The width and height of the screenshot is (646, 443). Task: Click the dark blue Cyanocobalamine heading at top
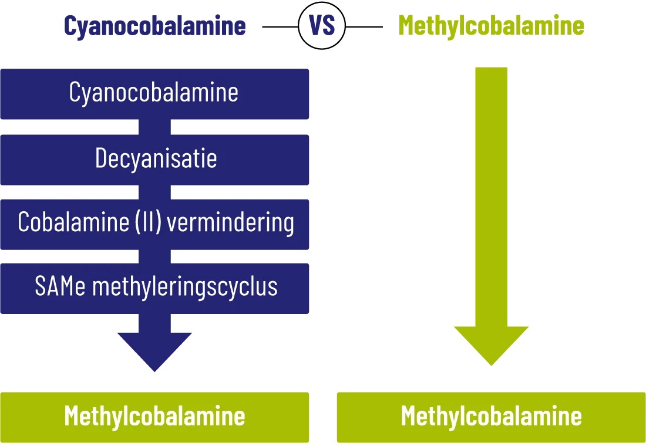coord(154,26)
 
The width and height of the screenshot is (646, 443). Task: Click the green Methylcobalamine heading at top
coord(491,26)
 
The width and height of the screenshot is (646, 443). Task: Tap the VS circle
coord(322,26)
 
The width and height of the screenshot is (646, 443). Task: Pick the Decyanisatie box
coord(154,160)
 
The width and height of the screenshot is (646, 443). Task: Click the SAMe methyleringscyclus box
coord(154,288)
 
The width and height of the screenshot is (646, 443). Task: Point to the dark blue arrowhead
coord(154,350)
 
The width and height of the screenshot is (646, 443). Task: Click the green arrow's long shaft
coord(491,194)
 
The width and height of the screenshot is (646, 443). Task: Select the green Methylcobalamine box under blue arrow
coord(154,417)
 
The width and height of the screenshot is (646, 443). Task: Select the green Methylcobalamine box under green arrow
coord(491,417)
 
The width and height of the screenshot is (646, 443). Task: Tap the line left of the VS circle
coord(280,26)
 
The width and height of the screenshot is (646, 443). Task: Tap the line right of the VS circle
coord(364,26)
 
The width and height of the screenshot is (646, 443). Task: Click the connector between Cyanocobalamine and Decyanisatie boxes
coord(154,127)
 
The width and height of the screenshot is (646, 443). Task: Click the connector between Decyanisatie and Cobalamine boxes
coord(154,192)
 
